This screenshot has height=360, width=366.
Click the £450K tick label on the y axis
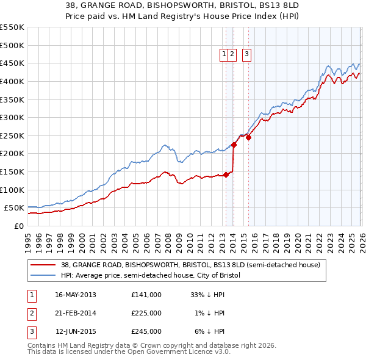(x=12, y=63)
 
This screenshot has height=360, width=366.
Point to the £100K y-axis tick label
(x=12, y=190)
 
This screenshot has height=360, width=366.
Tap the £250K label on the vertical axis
(x=12, y=135)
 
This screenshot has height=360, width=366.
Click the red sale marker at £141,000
(x=226, y=175)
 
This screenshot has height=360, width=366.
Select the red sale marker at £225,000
(x=234, y=145)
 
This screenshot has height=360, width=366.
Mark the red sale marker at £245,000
(x=248, y=137)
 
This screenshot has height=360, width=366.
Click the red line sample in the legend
(x=43, y=265)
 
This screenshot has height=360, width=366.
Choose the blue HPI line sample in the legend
(x=43, y=276)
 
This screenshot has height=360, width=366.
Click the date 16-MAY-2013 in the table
(x=76, y=295)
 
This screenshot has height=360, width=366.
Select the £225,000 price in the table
(x=146, y=313)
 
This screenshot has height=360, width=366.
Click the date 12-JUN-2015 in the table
(x=76, y=331)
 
